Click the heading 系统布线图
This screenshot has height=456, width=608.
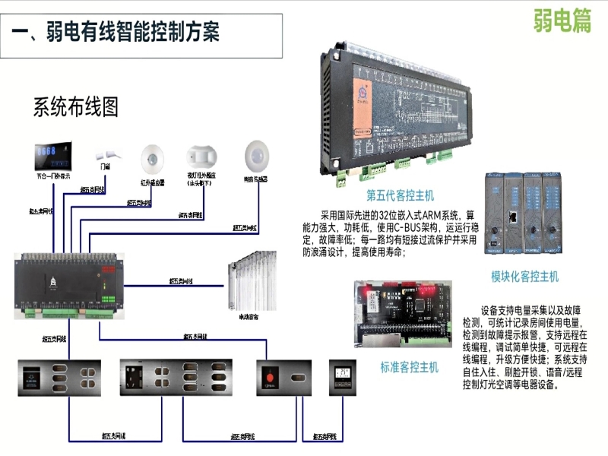(75, 107)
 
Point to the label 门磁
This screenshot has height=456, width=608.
(104, 165)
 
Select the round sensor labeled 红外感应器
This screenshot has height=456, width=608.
(152, 160)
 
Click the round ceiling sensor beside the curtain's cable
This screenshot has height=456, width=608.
(257, 157)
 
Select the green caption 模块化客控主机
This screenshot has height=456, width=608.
(524, 276)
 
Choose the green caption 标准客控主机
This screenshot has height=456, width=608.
(409, 368)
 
